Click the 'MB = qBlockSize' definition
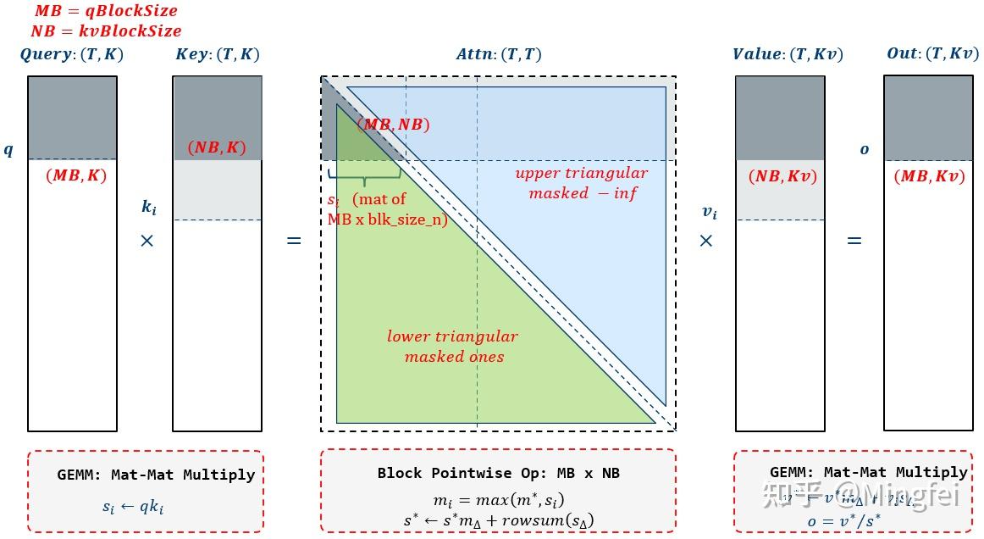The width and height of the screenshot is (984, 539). click(106, 12)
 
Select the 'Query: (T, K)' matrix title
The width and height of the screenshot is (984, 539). click(72, 54)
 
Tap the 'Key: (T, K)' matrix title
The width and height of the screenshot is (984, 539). click(218, 54)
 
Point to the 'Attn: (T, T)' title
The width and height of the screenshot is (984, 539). click(499, 54)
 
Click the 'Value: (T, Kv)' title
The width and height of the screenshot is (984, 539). click(788, 54)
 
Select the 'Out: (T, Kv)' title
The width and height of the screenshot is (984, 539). click(932, 54)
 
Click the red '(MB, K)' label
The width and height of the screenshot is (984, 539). click(75, 176)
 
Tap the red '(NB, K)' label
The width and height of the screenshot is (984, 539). click(217, 147)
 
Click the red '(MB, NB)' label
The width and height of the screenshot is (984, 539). click(393, 125)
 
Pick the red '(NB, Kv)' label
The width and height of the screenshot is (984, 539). click(783, 177)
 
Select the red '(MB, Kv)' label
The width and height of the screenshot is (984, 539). click(929, 177)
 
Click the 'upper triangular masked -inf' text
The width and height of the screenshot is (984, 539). click(582, 183)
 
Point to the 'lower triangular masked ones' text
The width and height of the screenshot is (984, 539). click(452, 347)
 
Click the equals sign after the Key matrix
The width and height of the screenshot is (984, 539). click(294, 242)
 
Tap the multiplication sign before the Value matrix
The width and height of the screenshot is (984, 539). click(706, 242)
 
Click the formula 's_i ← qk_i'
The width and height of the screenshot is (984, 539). click(134, 508)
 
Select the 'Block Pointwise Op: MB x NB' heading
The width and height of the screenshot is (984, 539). click(499, 473)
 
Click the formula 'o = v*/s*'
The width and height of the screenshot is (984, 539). click(843, 520)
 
